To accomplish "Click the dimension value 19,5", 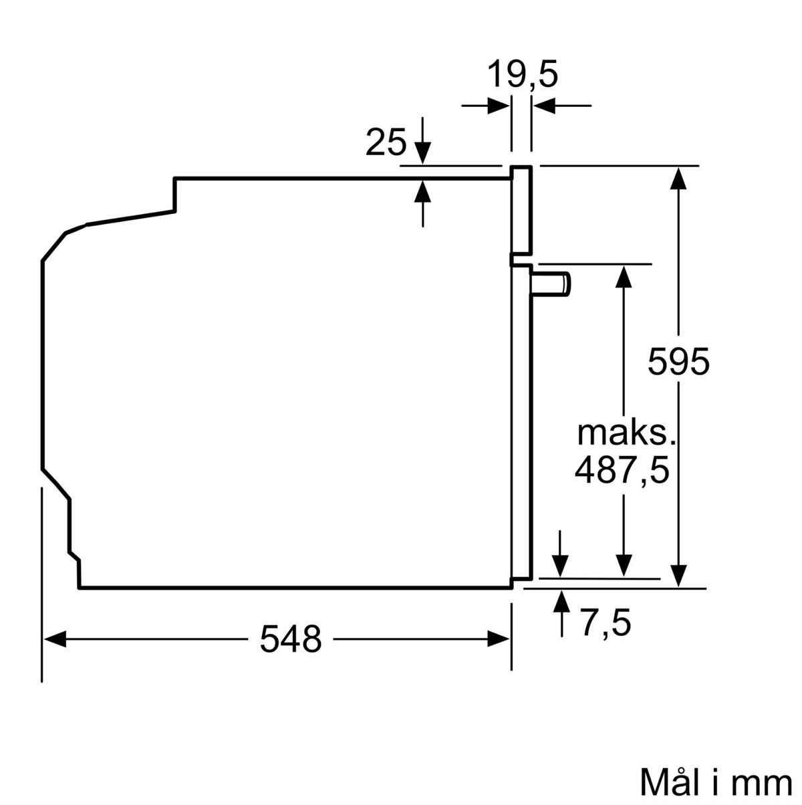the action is tap(523, 74).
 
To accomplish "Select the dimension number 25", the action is tap(386, 142).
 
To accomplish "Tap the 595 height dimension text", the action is tap(678, 361).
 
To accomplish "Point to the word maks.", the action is tap(626, 434).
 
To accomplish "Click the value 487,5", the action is tap(622, 471).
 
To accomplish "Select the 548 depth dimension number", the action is tap(291, 639).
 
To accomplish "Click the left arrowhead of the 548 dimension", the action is tap(55, 639).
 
